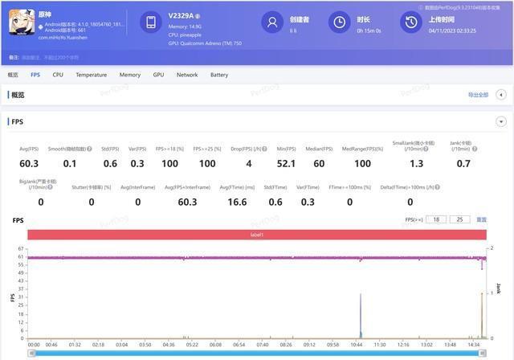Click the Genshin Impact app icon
tap(22, 24)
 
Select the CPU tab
tap(58, 75)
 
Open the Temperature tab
tap(91, 75)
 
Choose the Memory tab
tap(129, 75)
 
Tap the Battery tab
tap(218, 75)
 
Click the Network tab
tap(186, 75)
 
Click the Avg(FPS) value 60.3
tap(29, 164)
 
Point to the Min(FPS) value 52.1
tap(286, 164)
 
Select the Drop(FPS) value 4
tap(249, 164)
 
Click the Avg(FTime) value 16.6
tap(237, 202)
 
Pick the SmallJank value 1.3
tap(416, 164)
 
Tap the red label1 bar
tap(257, 234)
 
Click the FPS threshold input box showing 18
tap(436, 219)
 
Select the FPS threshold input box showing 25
tap(460, 219)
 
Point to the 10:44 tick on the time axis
tap(357, 344)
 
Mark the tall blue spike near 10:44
tap(360, 313)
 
